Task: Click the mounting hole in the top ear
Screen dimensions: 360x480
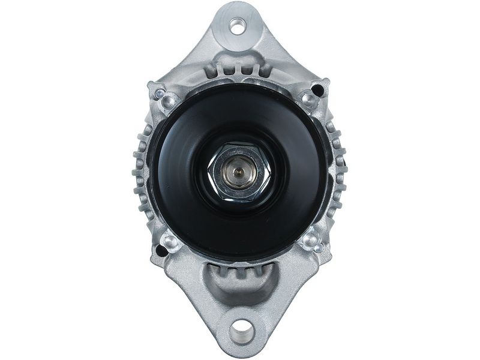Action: [x=239, y=26]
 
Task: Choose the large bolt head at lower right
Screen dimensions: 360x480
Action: [x=310, y=241]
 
